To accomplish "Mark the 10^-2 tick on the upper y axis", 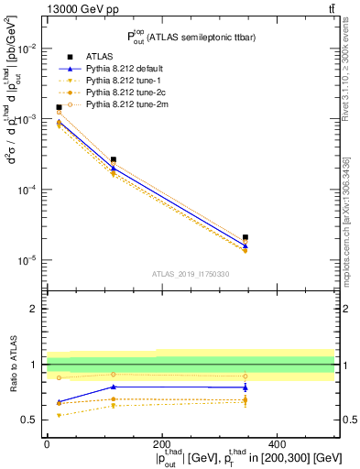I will pos(27,49).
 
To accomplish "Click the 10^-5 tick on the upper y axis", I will pos(27,260).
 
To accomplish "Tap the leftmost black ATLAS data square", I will pos(59,107).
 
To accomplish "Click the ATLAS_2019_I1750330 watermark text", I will pos(190,274).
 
